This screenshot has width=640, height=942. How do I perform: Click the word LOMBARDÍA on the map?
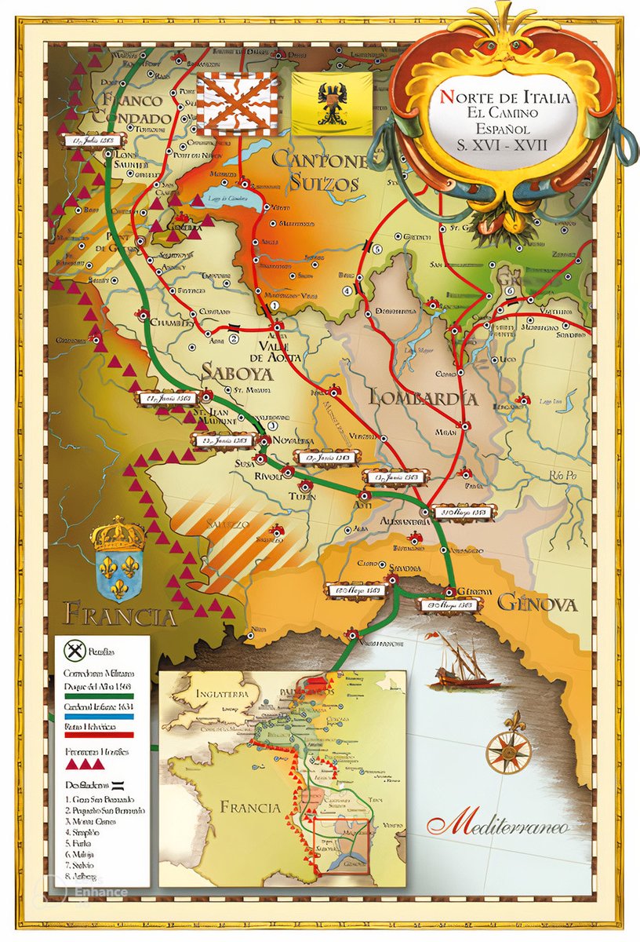coord(424,397)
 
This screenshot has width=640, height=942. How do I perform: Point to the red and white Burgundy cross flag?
coord(237,104)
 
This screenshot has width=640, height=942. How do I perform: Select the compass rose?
coord(508,751)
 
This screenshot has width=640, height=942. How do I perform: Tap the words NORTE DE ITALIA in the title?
coord(504,100)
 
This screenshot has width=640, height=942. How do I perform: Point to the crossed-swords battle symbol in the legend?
coord(75,651)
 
